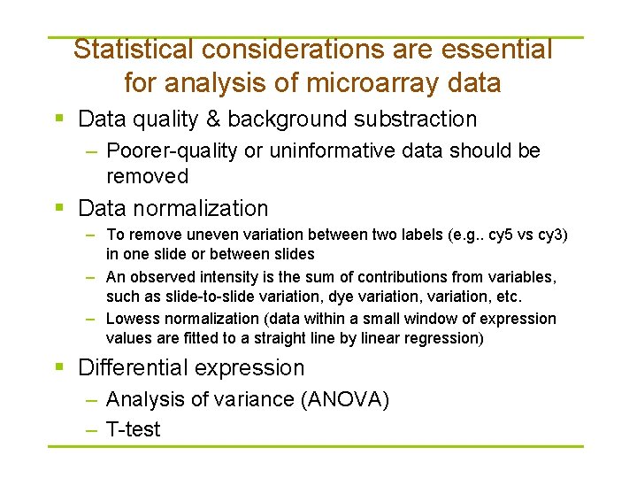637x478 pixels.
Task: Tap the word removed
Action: pyautogui.click(x=147, y=176)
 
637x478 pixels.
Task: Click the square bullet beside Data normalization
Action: pyautogui.click(x=58, y=208)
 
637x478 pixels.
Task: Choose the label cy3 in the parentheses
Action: pyautogui.click(x=547, y=235)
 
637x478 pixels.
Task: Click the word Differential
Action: pyautogui.click(x=132, y=367)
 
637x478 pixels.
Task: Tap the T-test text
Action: pyautogui.click(x=133, y=430)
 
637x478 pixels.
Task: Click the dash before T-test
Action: pyautogui.click(x=91, y=430)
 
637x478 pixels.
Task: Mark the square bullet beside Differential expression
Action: pyautogui.click(x=58, y=367)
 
